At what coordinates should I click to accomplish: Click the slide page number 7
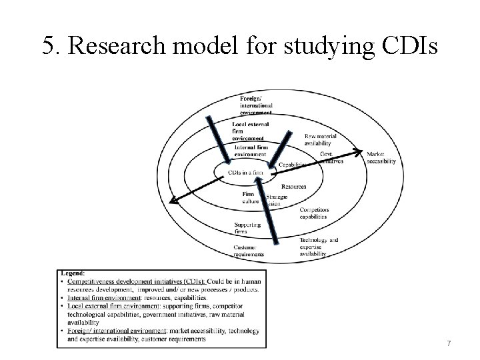449,343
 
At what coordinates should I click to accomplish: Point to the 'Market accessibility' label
381,157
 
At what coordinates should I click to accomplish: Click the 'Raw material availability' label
321,139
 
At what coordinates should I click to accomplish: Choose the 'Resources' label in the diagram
294,187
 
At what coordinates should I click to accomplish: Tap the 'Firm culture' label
251,197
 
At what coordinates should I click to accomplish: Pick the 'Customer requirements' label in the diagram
249,251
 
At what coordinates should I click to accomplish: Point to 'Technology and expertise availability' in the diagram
319,247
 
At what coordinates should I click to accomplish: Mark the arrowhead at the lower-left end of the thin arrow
173,199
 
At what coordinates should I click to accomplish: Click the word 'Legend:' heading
73,273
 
